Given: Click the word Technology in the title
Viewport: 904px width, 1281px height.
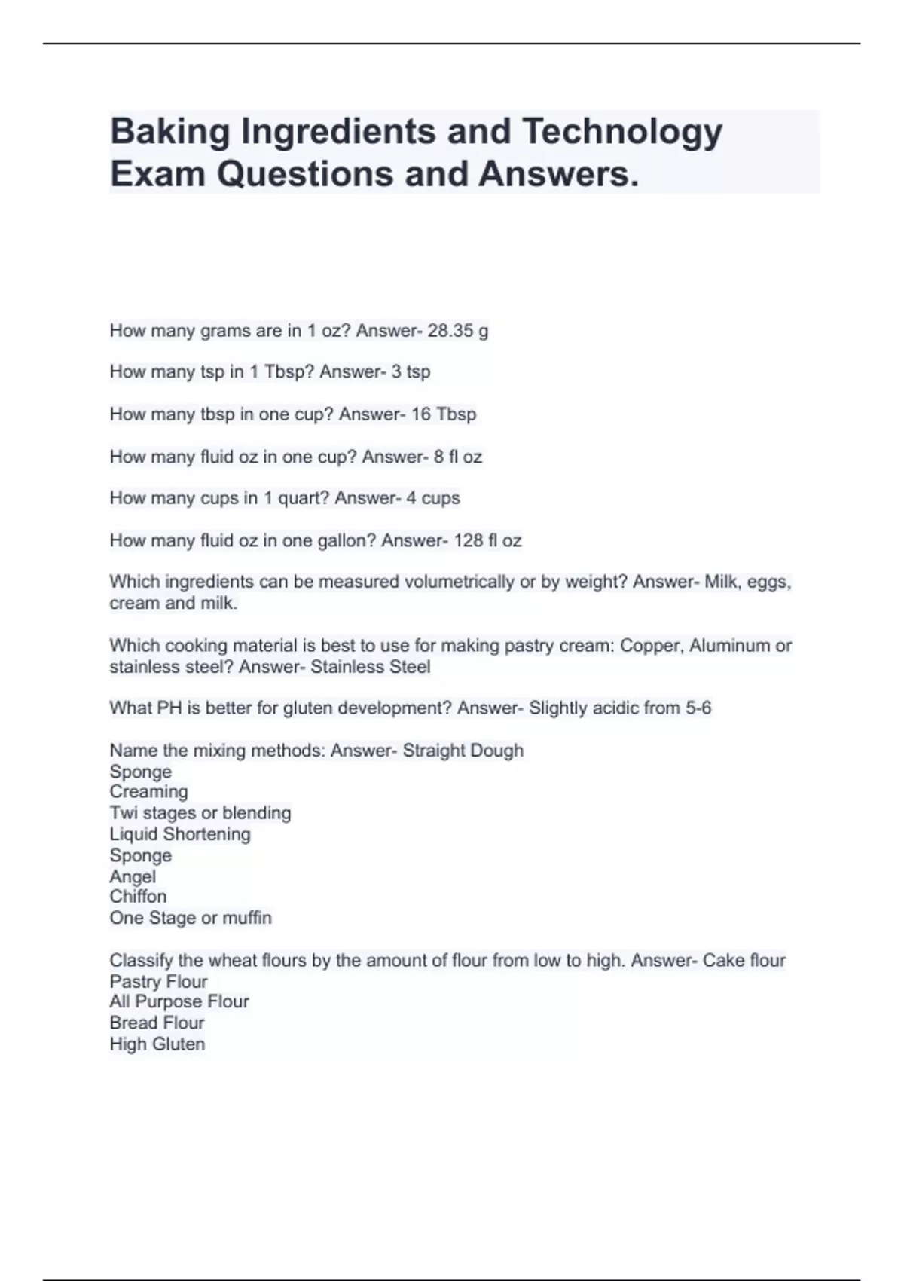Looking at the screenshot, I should tap(622, 131).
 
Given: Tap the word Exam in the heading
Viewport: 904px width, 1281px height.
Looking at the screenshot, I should tap(157, 174).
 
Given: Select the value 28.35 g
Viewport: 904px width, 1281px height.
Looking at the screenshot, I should tap(458, 331).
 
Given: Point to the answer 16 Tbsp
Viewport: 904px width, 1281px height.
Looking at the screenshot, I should tap(444, 414).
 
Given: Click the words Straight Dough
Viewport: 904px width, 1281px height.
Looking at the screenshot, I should tap(463, 751).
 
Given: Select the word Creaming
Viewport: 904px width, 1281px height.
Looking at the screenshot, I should tap(148, 792).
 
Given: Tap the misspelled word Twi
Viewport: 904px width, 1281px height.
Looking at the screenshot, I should tap(123, 813).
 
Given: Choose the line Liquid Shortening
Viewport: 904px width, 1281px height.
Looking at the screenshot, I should tap(180, 834).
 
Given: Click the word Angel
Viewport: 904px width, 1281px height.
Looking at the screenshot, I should tap(133, 876).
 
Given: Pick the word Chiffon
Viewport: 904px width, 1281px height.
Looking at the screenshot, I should tap(138, 897).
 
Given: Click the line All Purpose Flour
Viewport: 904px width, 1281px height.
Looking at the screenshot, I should tap(179, 1001).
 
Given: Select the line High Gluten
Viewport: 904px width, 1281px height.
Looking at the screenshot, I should tap(157, 1044).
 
